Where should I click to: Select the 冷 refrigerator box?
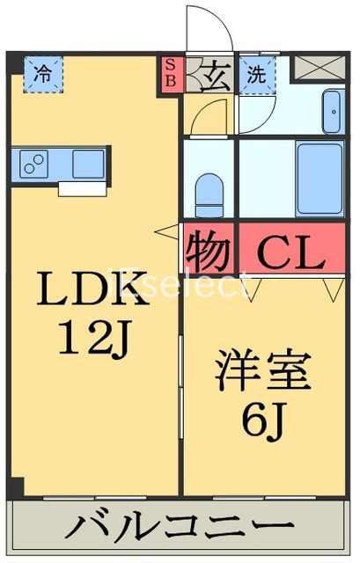(x=42, y=73)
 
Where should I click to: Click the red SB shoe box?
(x=172, y=73)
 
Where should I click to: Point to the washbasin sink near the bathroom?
(x=334, y=113)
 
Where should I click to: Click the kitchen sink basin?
(x=88, y=164)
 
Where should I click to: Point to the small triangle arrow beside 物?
(x=165, y=232)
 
